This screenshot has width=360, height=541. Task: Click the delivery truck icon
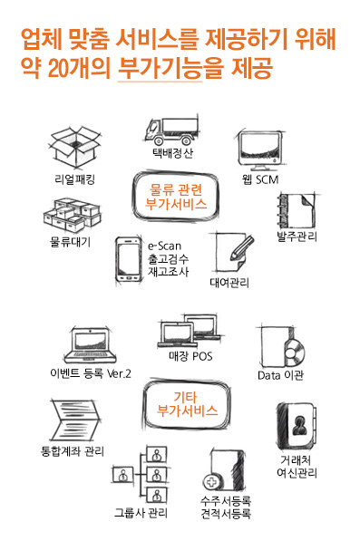(x=171, y=130)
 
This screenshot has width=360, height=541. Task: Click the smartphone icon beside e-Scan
(x=129, y=260)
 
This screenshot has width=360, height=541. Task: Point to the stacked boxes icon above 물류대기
(x=73, y=216)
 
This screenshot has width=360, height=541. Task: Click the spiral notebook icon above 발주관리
(x=297, y=211)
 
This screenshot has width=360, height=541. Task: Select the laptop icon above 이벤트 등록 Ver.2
(x=90, y=346)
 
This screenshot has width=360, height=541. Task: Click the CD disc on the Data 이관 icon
(x=294, y=353)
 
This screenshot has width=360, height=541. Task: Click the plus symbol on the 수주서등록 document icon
(x=211, y=482)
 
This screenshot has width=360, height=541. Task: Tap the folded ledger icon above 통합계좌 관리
(x=75, y=420)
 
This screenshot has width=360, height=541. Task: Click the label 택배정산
(x=172, y=153)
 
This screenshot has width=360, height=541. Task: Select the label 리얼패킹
(x=74, y=179)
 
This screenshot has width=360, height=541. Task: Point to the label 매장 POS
(x=190, y=356)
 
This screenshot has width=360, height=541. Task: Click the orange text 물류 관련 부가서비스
(x=176, y=197)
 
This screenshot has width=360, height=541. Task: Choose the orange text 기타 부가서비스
(x=187, y=403)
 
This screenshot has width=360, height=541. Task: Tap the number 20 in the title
(x=58, y=68)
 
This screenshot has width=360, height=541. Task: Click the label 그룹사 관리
(x=141, y=513)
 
